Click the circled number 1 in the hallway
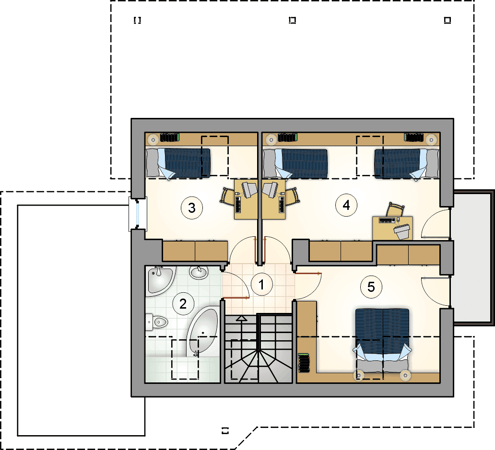[x=261, y=285]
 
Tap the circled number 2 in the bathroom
[x=183, y=304]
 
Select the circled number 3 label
[x=192, y=208]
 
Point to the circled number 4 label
[x=346, y=205]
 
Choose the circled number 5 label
[x=371, y=287]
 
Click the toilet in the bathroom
[x=156, y=322]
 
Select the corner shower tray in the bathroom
[x=160, y=281]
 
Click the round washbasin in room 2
[x=199, y=272]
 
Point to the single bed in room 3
[x=178, y=163]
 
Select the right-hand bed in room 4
[x=407, y=163]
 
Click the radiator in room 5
[x=304, y=363]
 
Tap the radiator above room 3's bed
[x=169, y=138]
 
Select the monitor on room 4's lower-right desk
[x=402, y=231]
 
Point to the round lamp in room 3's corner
[x=153, y=139]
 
